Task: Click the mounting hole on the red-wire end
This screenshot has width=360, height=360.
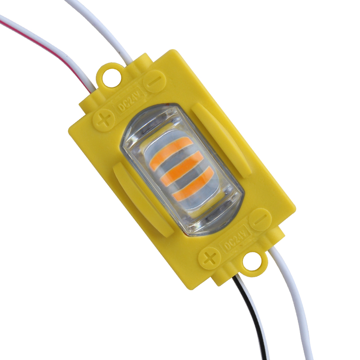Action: pos(109,76)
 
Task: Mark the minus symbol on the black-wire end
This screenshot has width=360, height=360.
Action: pos(260,220)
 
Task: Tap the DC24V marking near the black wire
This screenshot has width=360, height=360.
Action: pos(234,240)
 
